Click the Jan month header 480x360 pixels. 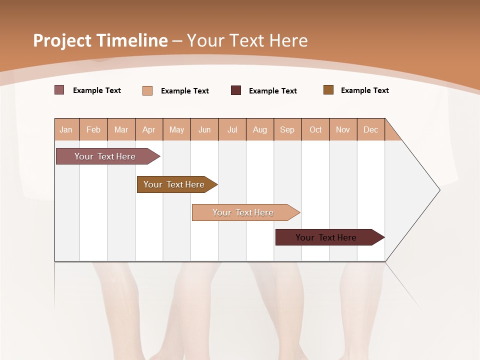66,129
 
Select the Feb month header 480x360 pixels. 93,129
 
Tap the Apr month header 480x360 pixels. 148,129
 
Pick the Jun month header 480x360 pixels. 204,129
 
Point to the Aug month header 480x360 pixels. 259,129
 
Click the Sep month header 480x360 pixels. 287,129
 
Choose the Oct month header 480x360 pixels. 315,129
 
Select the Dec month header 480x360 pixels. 370,129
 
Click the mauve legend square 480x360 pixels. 59,90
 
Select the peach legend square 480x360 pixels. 147,90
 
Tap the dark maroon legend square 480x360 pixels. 236,90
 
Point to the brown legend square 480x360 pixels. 328,90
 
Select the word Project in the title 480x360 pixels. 62,40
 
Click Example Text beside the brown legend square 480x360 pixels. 364,90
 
